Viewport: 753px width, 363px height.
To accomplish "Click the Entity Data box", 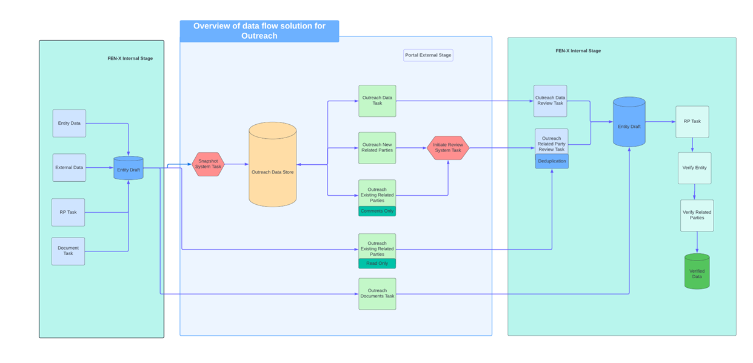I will pyautogui.click(x=69, y=123).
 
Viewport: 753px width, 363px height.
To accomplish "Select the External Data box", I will pyautogui.click(x=69, y=167).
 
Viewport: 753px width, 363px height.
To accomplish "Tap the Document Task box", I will pyautogui.click(x=68, y=251).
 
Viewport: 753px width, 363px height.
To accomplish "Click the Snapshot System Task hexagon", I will pyautogui.click(x=208, y=164).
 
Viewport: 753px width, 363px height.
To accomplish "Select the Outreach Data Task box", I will pyautogui.click(x=377, y=101).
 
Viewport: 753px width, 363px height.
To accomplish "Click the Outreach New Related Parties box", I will pyautogui.click(x=377, y=148).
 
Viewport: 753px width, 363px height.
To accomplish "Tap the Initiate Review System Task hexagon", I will pyautogui.click(x=447, y=148).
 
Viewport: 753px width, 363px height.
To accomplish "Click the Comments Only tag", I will pyautogui.click(x=377, y=211).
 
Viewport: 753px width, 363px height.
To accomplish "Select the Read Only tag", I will pyautogui.click(x=377, y=264).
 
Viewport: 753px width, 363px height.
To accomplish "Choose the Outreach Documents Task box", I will pyautogui.click(x=377, y=294).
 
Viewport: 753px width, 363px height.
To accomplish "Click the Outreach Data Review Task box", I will pyautogui.click(x=550, y=101).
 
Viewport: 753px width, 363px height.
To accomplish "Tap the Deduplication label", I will pyautogui.click(x=552, y=161).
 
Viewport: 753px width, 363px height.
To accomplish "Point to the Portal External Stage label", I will pyautogui.click(x=428, y=55).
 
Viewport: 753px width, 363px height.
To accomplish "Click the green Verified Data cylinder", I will pyautogui.click(x=697, y=272).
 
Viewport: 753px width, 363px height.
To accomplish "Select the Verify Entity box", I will pyautogui.click(x=694, y=168).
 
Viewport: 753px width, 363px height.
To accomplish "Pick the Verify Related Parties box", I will pyautogui.click(x=697, y=215).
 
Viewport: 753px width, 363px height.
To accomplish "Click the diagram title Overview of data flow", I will pyautogui.click(x=259, y=31).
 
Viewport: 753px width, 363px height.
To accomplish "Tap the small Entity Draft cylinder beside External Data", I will pyautogui.click(x=129, y=168).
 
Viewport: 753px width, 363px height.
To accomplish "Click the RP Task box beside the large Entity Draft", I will pyautogui.click(x=692, y=121).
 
